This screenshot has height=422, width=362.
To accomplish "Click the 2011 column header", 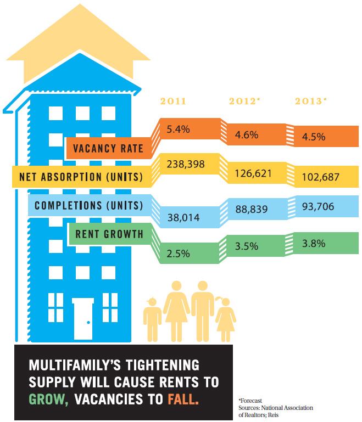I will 172,102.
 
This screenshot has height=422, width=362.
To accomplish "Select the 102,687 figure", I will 320,178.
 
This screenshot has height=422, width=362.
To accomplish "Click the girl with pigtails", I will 225,318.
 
